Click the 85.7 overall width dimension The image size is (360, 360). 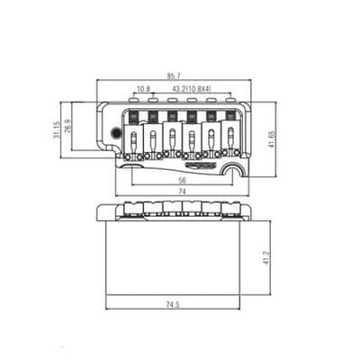(x=174, y=76)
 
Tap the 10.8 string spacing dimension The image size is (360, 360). (x=143, y=89)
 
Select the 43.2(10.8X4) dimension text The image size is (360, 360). (x=193, y=89)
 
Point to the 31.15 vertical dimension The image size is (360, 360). (x=56, y=130)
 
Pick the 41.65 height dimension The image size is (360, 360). (x=270, y=139)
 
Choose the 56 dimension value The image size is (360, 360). (x=183, y=180)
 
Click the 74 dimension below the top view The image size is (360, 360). (x=183, y=192)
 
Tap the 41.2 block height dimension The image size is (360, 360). (x=265, y=257)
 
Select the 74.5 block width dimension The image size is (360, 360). (x=173, y=305)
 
